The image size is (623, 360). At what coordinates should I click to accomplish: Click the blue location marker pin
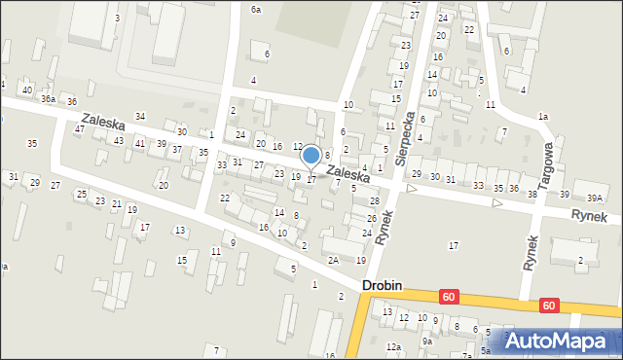point(311,156)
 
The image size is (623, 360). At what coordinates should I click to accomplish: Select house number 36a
point(48,98)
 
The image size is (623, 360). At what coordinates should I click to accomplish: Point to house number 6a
point(256,9)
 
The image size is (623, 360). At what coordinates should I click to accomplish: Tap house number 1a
point(543,117)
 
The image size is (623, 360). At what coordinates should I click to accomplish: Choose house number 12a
point(393,346)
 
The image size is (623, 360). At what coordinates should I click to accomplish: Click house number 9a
point(426,341)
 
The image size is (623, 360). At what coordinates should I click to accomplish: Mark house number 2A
point(333,260)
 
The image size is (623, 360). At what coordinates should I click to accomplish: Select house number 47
point(79,129)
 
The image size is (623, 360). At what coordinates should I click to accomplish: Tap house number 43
point(118,141)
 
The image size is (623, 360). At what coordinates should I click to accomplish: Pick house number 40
point(27,90)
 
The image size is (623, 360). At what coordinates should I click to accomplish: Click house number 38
point(531,194)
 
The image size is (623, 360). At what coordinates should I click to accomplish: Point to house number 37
point(176,150)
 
